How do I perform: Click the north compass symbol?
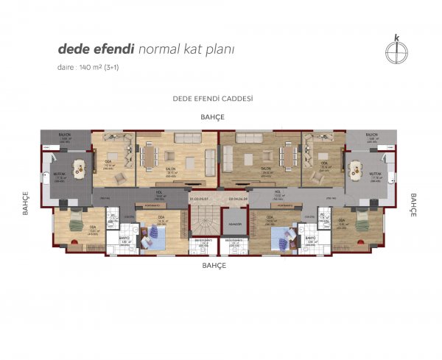397,49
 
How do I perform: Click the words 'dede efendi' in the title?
97,49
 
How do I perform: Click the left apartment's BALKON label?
66,136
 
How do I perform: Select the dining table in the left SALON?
152,155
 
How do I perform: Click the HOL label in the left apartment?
158,194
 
